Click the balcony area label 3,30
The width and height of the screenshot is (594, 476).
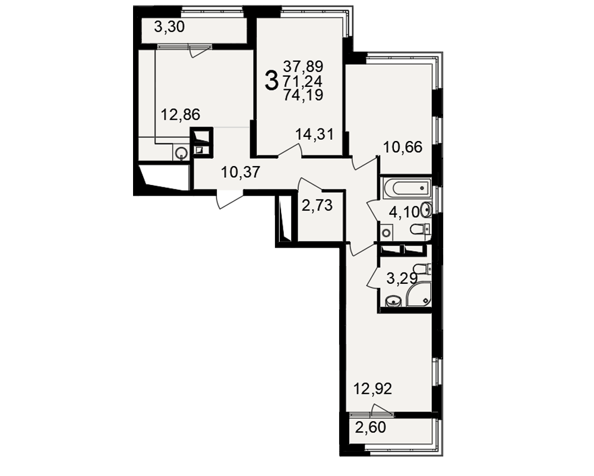coord(169,27)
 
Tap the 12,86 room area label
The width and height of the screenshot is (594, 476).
coord(181,115)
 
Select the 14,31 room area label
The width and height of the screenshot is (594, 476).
coord(314,134)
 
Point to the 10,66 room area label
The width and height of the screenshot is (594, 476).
coord(403,147)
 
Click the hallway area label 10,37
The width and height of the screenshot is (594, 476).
coord(241,173)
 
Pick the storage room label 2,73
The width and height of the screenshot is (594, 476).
coord(317,206)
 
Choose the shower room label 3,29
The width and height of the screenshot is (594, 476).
coord(402,279)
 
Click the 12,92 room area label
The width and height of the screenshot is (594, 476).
coord(372,389)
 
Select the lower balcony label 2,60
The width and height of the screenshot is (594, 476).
coord(371,427)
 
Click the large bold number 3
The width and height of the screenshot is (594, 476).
coord(271,81)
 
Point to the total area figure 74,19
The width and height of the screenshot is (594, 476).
coord(303,95)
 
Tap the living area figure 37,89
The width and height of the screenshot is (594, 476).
coord(303,67)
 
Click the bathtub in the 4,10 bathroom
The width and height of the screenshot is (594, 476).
coord(407,188)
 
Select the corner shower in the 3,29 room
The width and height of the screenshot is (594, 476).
coord(419,293)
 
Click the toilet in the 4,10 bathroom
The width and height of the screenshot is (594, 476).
coord(420,230)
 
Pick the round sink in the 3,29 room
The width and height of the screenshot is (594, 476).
coord(393,302)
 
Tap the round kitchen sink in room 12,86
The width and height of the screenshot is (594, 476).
coord(181,154)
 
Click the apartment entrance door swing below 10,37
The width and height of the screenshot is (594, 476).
coord(230,200)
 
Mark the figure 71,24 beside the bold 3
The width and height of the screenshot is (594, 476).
coord(303,81)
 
